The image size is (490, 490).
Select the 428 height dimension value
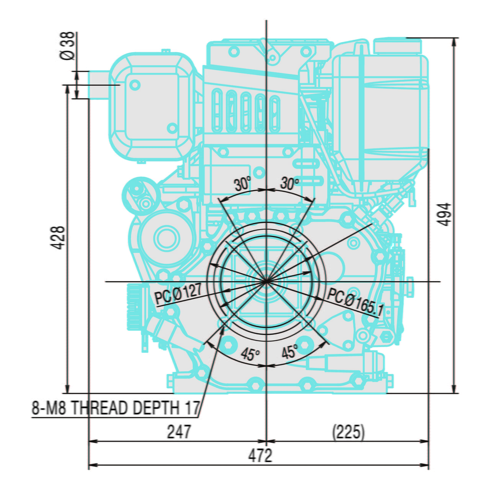[x=59, y=237]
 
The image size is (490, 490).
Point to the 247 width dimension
[x=179, y=432]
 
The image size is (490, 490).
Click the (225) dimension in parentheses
[x=348, y=432]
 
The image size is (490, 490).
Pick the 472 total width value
[x=260, y=456]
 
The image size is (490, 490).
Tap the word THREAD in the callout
[x=99, y=408]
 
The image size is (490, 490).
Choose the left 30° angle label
[x=243, y=184]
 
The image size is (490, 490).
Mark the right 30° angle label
[x=289, y=183]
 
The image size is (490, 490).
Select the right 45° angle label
[x=290, y=351]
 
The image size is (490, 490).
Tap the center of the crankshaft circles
[x=266, y=282]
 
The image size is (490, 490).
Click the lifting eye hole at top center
[x=272, y=58]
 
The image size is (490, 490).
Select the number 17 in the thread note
[x=193, y=408]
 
